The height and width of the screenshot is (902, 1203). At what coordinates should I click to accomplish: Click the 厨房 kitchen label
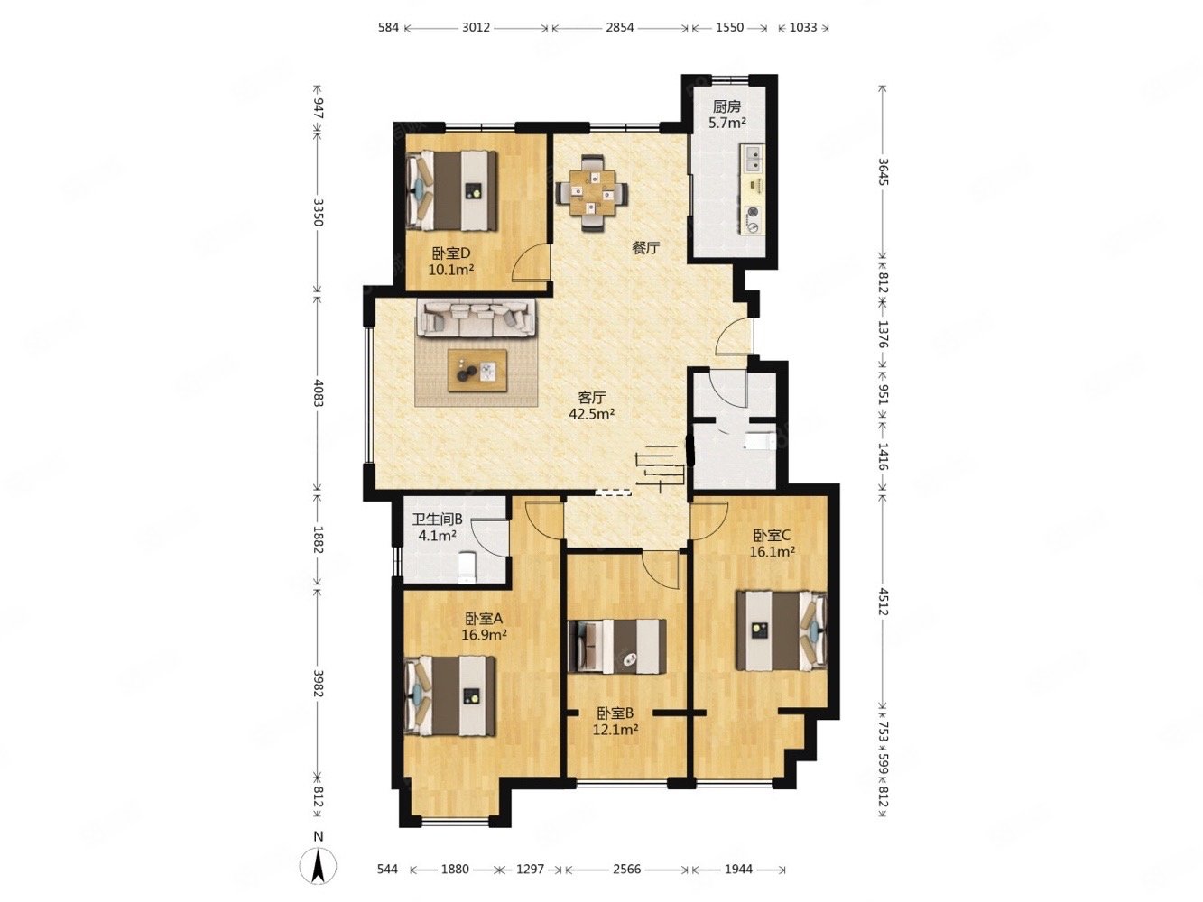[726, 106]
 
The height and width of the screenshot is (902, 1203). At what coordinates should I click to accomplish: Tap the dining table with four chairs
[591, 192]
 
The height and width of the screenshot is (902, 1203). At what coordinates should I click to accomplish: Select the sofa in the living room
[476, 318]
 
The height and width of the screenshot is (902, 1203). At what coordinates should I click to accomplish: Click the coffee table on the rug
[477, 371]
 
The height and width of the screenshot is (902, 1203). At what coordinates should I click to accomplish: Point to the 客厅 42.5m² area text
[591, 405]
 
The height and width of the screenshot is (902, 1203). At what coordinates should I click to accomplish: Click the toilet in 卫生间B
[467, 566]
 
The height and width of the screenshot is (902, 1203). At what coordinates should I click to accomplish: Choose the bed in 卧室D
[451, 190]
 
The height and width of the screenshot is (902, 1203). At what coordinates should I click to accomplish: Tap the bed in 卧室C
[781, 630]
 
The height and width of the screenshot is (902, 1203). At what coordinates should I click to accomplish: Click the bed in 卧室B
[616, 646]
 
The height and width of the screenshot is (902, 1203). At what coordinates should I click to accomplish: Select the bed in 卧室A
[449, 696]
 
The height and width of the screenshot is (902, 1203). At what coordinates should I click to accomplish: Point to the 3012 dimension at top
[476, 27]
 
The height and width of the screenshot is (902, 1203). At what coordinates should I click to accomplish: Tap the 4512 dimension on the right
[883, 601]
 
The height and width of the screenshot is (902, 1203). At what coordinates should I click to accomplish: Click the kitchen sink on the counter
[752, 158]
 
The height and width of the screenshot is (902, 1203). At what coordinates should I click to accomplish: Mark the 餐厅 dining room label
[645, 248]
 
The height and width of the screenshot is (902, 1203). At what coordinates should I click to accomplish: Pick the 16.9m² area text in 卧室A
[484, 635]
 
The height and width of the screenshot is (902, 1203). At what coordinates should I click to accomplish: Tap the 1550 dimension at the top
[729, 27]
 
